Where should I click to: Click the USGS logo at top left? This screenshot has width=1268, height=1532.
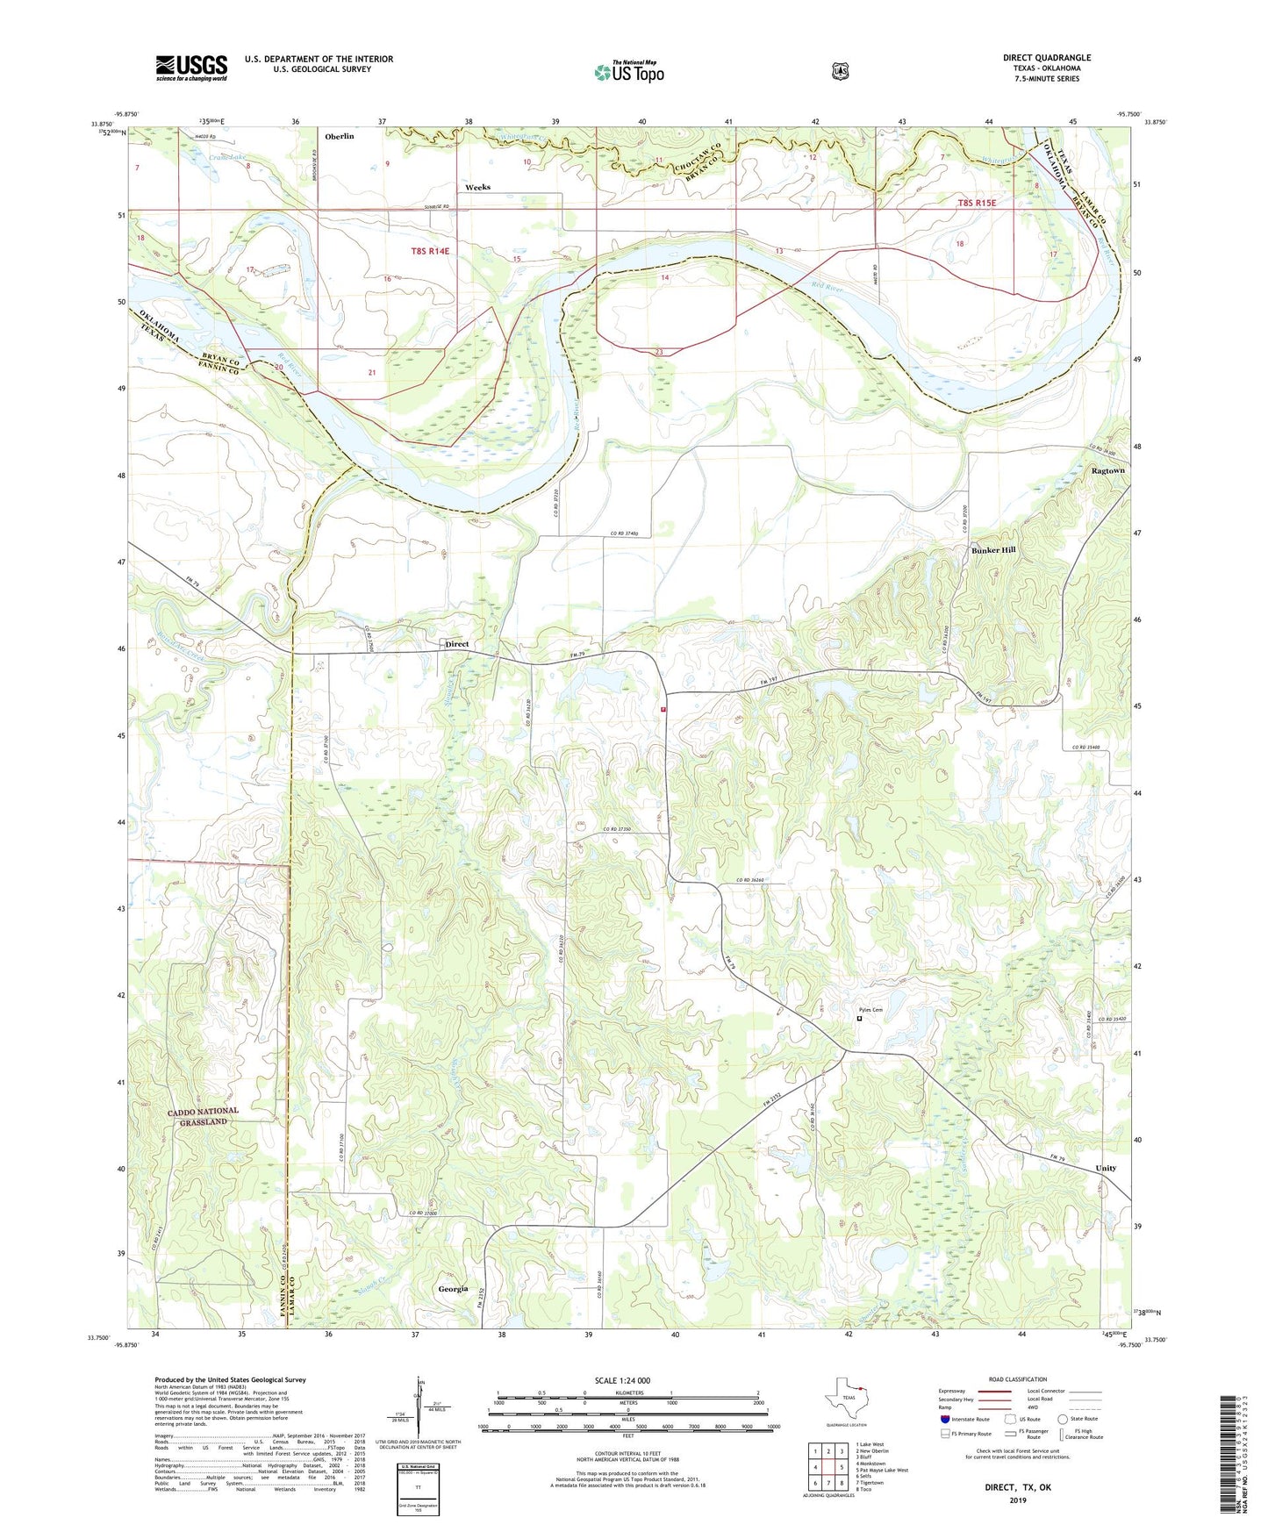[x=191, y=68]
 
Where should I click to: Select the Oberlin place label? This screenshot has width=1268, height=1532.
[x=340, y=136]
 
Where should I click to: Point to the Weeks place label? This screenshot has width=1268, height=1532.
[x=477, y=187]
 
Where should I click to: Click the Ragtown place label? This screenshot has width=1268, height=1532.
[x=1107, y=471]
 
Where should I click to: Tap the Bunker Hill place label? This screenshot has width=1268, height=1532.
[x=993, y=550]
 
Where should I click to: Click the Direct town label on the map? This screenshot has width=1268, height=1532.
[x=457, y=644]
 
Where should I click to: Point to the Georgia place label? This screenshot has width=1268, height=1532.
[x=453, y=1289]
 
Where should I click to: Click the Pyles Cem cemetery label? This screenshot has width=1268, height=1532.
[x=870, y=1010]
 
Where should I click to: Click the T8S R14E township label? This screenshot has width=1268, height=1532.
[x=430, y=252]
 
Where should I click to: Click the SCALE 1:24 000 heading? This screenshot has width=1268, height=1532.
[x=622, y=1380]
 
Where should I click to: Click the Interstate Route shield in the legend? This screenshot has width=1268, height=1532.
[x=944, y=1419]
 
